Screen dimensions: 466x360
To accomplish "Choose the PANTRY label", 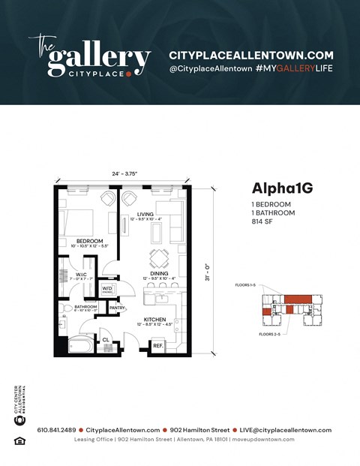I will pos(116,308).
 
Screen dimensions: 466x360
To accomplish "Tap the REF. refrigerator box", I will pos(157,346).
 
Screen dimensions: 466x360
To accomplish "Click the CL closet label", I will pos(106,340).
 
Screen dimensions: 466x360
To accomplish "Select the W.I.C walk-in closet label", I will pos(82,275).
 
